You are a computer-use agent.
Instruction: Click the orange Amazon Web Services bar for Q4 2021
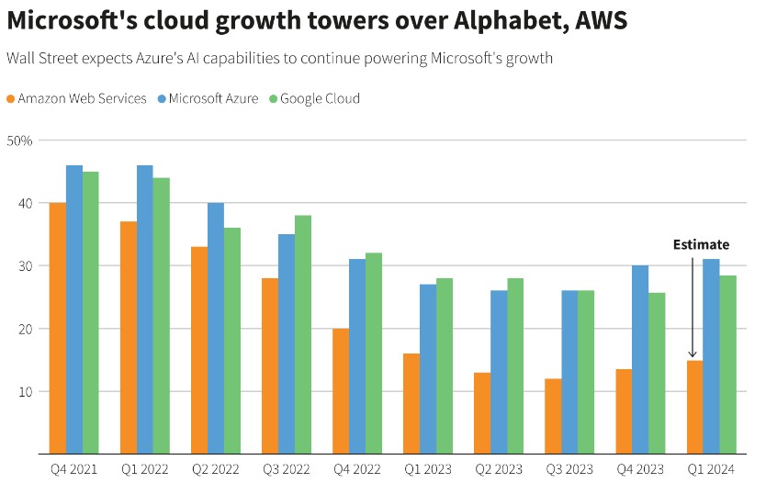[57, 328]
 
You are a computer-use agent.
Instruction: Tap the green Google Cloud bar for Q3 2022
[302, 334]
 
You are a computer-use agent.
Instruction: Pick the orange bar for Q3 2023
[552, 416]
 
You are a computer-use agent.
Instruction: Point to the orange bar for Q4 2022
[340, 390]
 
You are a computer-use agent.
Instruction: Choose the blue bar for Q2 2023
[499, 372]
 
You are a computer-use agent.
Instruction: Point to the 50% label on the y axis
[19, 140]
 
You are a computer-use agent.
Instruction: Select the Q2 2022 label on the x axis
[215, 468]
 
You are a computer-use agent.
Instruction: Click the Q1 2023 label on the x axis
[428, 468]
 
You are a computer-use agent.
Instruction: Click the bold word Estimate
[701, 245]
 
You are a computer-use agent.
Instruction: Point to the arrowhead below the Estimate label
[693, 354]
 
